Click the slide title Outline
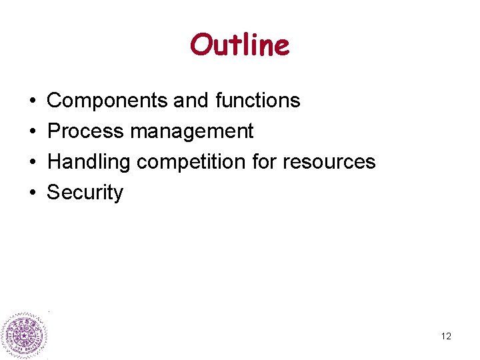[x=239, y=45]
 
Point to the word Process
[x=86, y=131]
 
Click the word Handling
[x=89, y=162]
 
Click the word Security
[x=85, y=193]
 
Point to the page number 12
[x=446, y=336]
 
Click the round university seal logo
[x=24, y=335]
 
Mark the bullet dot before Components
[x=32, y=101]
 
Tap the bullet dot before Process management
[x=32, y=132]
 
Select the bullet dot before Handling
[x=32, y=163]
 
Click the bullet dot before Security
[x=32, y=193]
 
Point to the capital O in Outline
[x=201, y=45]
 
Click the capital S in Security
[x=53, y=193]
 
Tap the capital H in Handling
[x=54, y=162]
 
